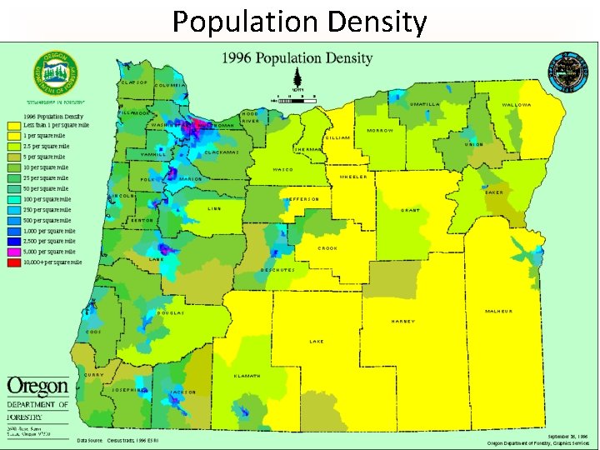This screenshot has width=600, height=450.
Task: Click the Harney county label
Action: (x=403, y=322)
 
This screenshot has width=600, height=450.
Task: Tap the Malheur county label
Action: (x=499, y=311)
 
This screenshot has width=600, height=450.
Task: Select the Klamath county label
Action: (x=247, y=376)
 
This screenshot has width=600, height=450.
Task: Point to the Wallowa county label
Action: (x=517, y=105)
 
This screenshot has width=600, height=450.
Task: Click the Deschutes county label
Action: (x=278, y=270)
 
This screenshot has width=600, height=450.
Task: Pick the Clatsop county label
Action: (x=134, y=82)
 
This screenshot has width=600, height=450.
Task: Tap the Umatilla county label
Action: (x=426, y=104)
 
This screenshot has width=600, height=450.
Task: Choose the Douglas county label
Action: (x=171, y=313)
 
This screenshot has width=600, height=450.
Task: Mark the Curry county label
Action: (x=95, y=374)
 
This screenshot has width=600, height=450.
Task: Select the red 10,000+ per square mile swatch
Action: (x=14, y=262)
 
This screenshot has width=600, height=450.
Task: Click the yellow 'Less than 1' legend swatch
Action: (x=14, y=125)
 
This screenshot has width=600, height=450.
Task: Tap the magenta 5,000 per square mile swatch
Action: (x=14, y=251)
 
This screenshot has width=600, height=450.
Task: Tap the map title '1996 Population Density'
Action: (x=297, y=58)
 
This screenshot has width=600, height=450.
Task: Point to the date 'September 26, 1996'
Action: (x=567, y=435)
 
